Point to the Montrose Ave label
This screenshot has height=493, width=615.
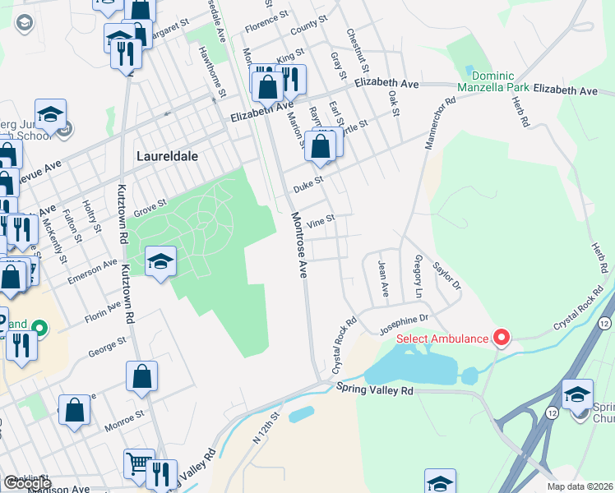298,244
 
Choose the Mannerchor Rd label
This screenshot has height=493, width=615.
439,125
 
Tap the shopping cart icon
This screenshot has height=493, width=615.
138,463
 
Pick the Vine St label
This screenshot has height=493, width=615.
320,221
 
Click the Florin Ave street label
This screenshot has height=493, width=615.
102,314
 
